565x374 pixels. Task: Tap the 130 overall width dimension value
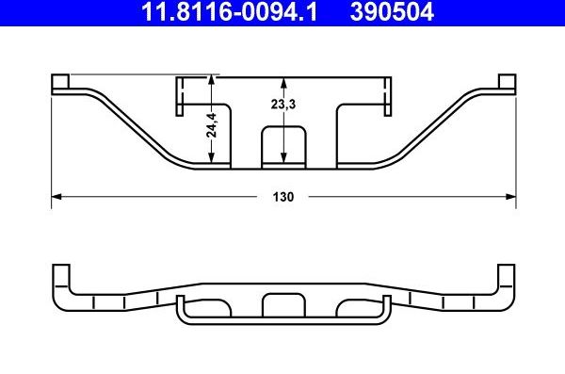(x=284, y=198)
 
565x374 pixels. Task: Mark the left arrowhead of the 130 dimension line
(x=55, y=197)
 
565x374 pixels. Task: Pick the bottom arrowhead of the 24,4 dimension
(x=214, y=164)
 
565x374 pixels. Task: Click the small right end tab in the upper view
(x=508, y=83)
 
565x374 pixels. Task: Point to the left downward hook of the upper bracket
(x=177, y=98)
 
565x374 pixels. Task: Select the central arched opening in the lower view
(x=283, y=304)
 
